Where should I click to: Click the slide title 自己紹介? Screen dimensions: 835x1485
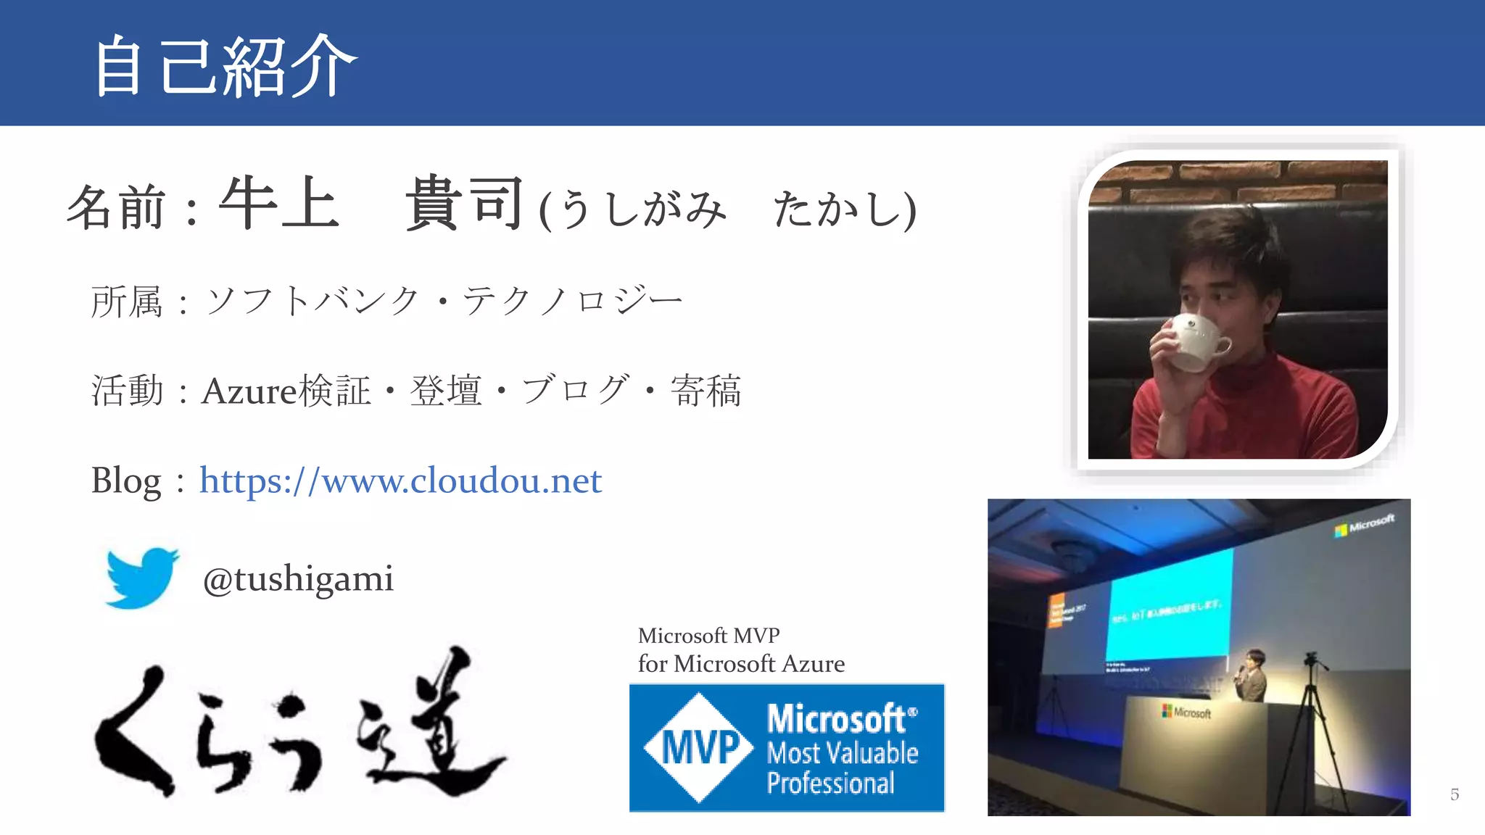point(225,67)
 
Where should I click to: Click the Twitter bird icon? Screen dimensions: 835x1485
point(141,578)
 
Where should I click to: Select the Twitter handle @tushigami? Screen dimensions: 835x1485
point(298,579)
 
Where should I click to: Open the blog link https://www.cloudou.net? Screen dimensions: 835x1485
point(400,481)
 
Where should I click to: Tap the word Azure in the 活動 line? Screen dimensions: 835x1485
point(249,391)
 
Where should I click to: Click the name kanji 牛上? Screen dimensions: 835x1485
point(279,204)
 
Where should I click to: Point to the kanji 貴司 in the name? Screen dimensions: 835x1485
point(464,204)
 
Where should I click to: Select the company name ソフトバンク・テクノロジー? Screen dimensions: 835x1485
point(444,302)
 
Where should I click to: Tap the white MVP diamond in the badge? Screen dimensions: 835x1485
point(699,747)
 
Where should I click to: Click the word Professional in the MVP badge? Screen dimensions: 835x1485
point(830,784)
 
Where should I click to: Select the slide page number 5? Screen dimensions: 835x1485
point(1454,794)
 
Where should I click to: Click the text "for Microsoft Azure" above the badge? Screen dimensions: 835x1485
point(741,664)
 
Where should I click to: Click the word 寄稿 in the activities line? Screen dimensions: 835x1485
point(706,391)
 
